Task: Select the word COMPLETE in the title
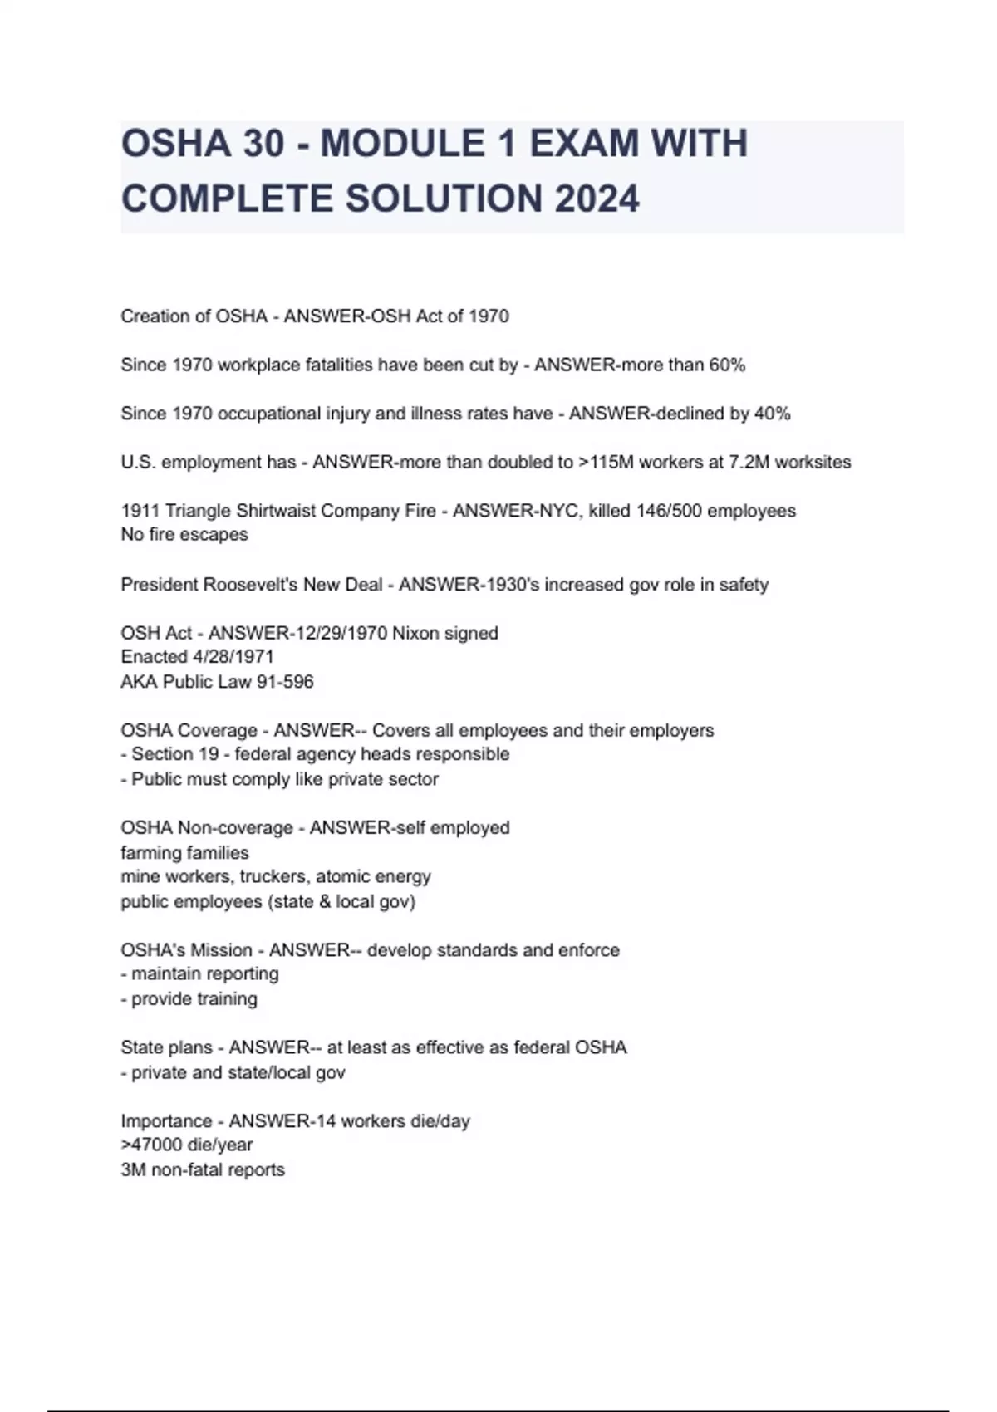[227, 199]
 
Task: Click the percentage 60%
[727, 365]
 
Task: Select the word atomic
[343, 876]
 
